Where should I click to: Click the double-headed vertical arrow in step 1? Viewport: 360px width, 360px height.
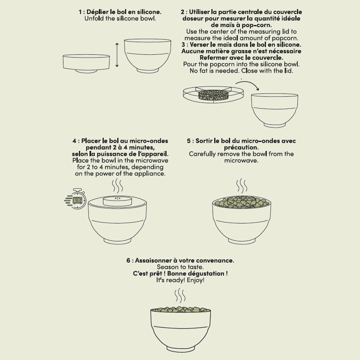click(x=117, y=55)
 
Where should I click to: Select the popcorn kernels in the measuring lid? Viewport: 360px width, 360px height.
click(x=213, y=95)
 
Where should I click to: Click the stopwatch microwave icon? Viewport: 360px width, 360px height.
click(x=76, y=199)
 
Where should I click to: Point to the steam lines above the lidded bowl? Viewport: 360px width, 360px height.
click(x=117, y=186)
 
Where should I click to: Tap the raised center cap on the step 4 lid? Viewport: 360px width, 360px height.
click(x=117, y=201)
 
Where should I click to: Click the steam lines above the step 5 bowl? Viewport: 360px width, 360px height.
click(x=242, y=186)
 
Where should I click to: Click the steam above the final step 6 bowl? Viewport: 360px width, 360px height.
click(x=180, y=296)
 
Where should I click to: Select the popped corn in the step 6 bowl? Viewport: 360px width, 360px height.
click(x=181, y=309)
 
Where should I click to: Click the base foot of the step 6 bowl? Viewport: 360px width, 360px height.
click(x=181, y=348)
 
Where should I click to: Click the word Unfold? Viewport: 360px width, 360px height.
click(x=94, y=18)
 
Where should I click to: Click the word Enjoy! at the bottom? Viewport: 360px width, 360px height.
click(x=195, y=280)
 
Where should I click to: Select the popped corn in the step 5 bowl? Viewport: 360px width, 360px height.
click(x=242, y=202)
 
